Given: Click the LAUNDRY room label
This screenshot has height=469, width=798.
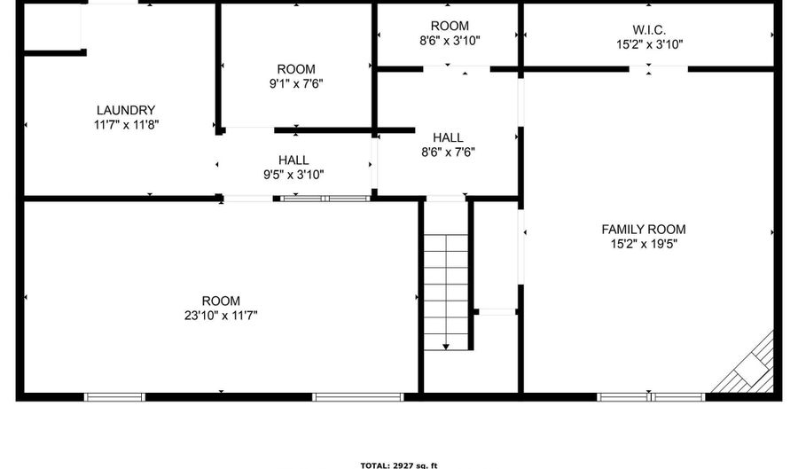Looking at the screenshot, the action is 126,110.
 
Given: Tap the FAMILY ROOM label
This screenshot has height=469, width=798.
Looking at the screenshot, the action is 644,230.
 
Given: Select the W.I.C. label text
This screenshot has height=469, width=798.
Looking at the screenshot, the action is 649,29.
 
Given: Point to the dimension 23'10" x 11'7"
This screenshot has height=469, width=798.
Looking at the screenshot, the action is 221,316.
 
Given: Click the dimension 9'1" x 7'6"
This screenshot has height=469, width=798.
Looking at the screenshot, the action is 296,83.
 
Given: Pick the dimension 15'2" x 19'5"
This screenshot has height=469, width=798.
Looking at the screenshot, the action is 644,244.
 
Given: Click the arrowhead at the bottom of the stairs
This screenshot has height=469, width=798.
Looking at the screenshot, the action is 446,347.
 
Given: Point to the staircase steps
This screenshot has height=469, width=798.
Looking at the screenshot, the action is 446,292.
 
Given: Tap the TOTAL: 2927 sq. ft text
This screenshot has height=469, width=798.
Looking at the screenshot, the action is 399,465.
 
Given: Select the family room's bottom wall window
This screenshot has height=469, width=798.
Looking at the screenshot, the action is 651,397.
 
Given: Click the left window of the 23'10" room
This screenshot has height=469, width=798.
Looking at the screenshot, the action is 114,397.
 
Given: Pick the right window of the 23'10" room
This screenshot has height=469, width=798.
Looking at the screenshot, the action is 358,397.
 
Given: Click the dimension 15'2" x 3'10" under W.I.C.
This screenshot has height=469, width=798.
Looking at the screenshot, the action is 649,44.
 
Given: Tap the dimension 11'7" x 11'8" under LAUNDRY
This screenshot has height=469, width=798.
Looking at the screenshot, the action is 126,125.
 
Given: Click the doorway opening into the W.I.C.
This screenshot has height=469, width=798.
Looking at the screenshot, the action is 659,68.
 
